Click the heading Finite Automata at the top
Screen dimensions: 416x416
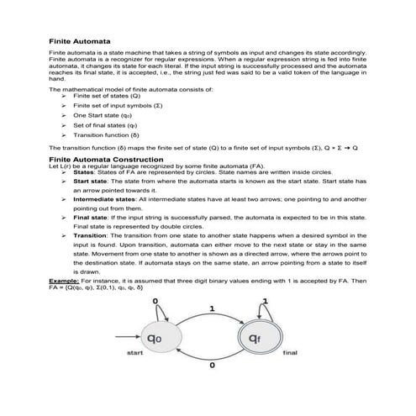(76, 39)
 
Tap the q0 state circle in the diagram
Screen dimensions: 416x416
(155, 340)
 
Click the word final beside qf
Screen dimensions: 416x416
(291, 353)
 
